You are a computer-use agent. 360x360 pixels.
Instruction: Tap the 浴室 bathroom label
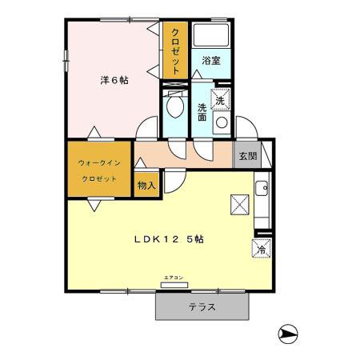pyautogui.click(x=211, y=61)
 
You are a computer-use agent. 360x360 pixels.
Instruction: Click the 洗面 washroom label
pyautogui.click(x=202, y=111)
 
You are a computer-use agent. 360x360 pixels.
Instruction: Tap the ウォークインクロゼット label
pyautogui.click(x=99, y=170)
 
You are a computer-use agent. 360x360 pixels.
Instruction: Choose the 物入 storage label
pyautogui.click(x=146, y=186)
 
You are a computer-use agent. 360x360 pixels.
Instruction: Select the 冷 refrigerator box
pyautogui.click(x=262, y=249)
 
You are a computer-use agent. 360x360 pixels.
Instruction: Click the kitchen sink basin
pyautogui.click(x=261, y=190)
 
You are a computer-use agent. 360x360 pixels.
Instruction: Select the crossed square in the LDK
pyautogui.click(x=238, y=204)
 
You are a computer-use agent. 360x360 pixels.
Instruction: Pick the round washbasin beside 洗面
pyautogui.click(x=223, y=122)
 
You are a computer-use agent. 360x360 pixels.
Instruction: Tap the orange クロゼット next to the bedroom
pyautogui.click(x=174, y=49)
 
